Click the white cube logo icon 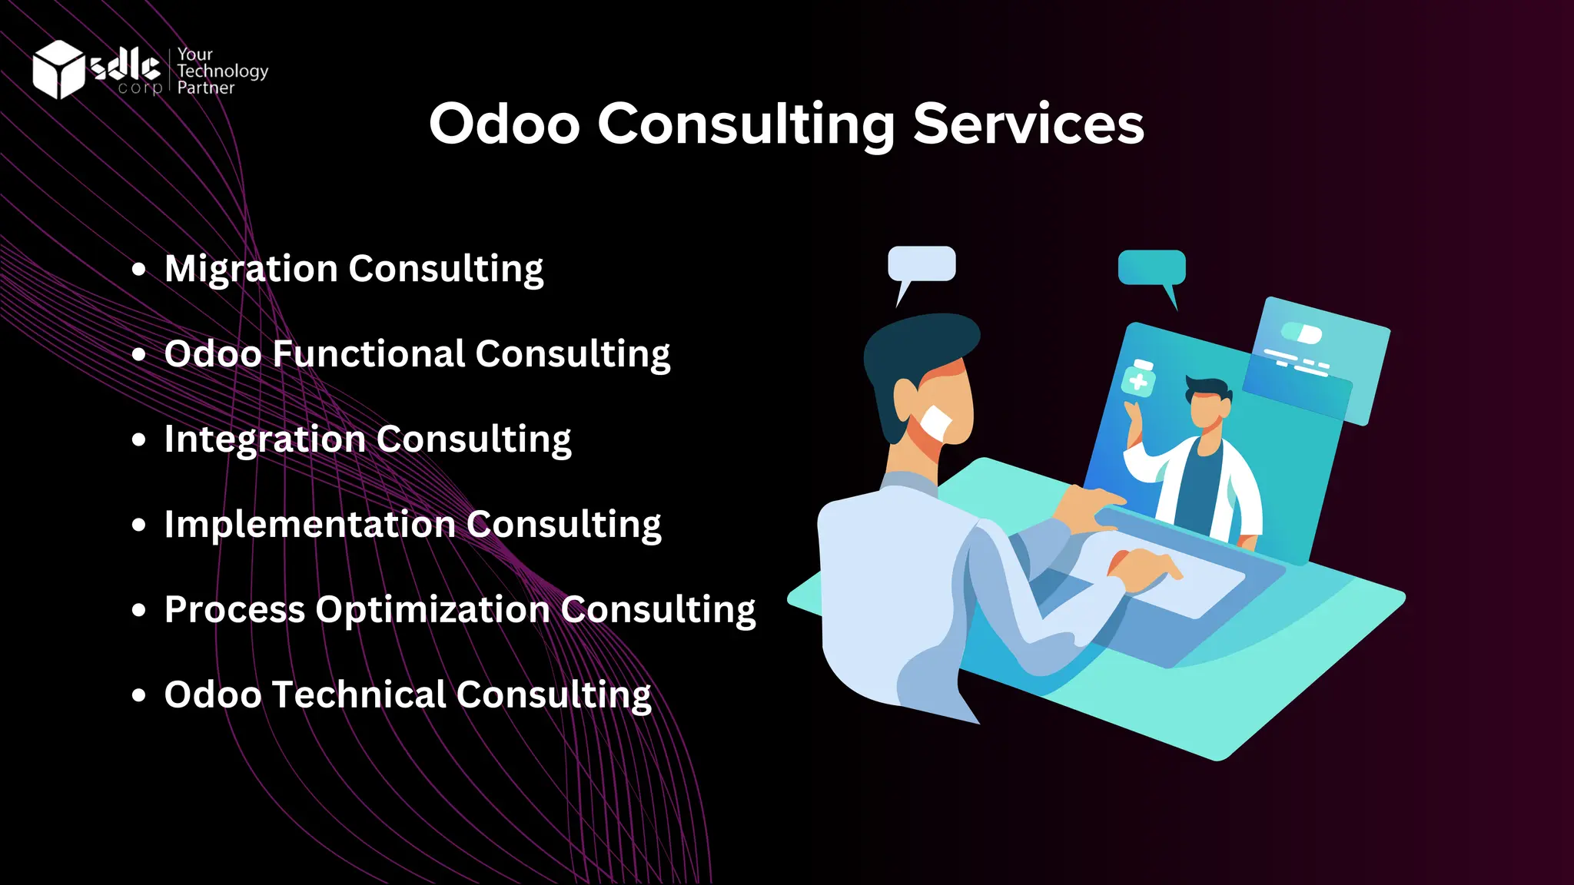click(58, 69)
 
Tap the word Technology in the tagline click(222, 71)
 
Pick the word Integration click(264, 439)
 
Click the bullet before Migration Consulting click(138, 269)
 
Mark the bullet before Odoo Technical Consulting click(138, 695)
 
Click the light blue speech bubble click(921, 264)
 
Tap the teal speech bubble click(1151, 267)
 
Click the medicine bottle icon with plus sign click(1138, 378)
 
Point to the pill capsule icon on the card click(1301, 333)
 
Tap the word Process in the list click(234, 610)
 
